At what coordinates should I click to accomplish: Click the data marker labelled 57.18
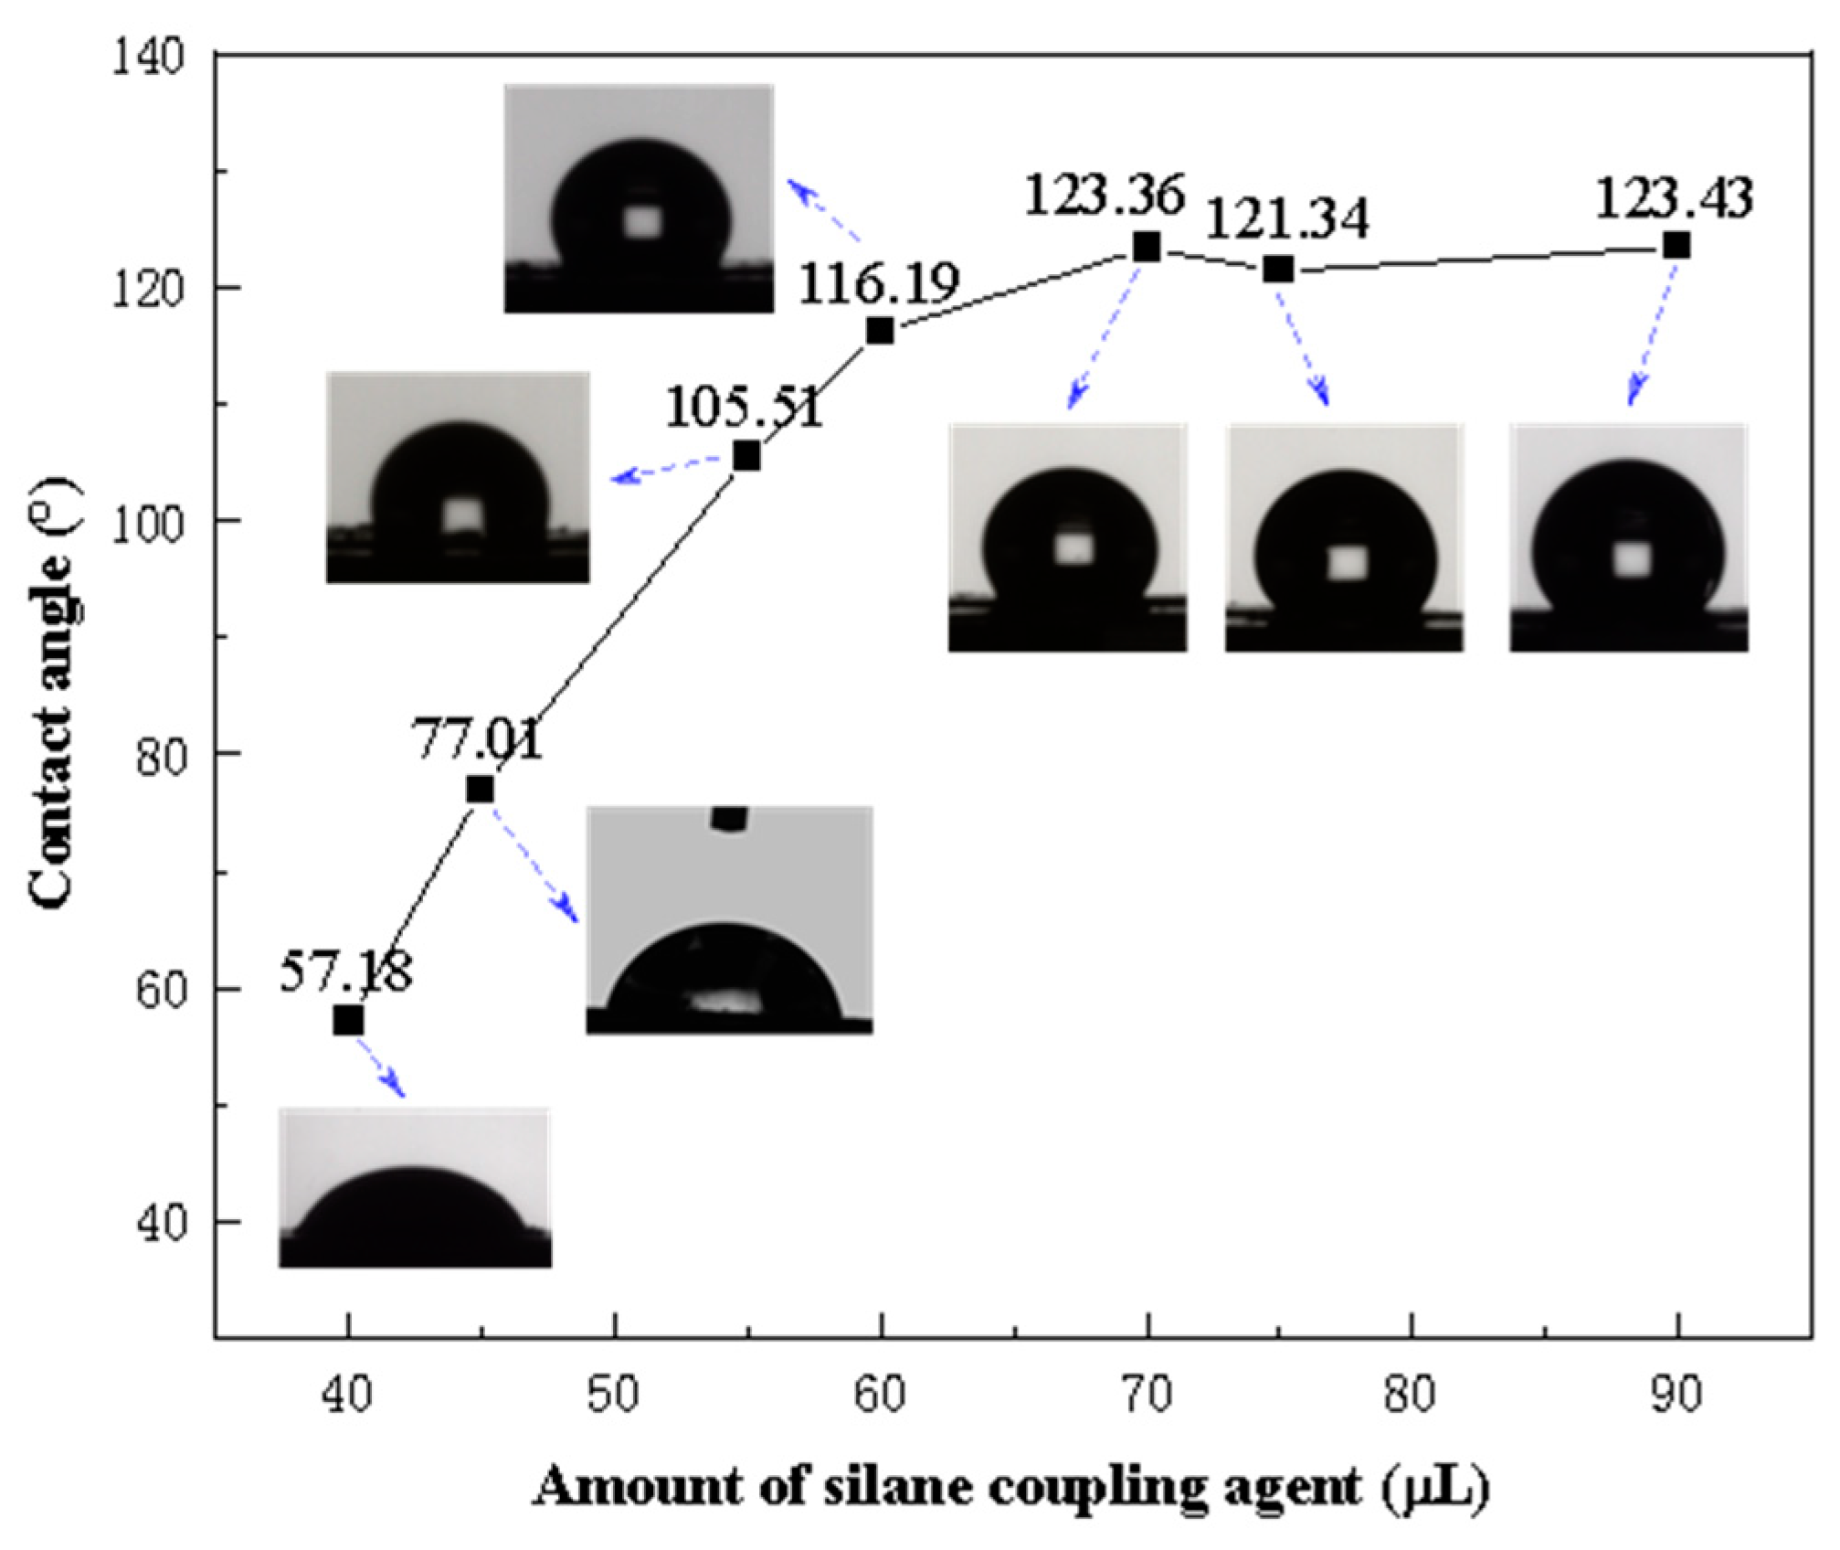coord(348,1020)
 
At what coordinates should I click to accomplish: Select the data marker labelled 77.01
coord(481,789)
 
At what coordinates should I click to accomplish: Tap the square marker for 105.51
coord(746,455)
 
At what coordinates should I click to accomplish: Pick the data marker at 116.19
coord(880,330)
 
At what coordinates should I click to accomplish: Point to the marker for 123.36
coord(1147,247)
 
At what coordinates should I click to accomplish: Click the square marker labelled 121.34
coord(1278,269)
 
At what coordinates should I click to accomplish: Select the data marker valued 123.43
coord(1676,246)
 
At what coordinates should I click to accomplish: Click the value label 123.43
coord(1674,198)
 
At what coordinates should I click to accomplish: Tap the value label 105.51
coord(743,407)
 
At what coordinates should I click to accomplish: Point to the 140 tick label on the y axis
coord(147,58)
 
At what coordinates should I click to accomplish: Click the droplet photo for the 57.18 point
coord(415,1187)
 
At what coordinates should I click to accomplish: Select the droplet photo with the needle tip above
coord(729,919)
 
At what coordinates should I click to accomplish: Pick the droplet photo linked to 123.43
coord(1628,537)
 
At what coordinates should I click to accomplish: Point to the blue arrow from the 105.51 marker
coord(667,468)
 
